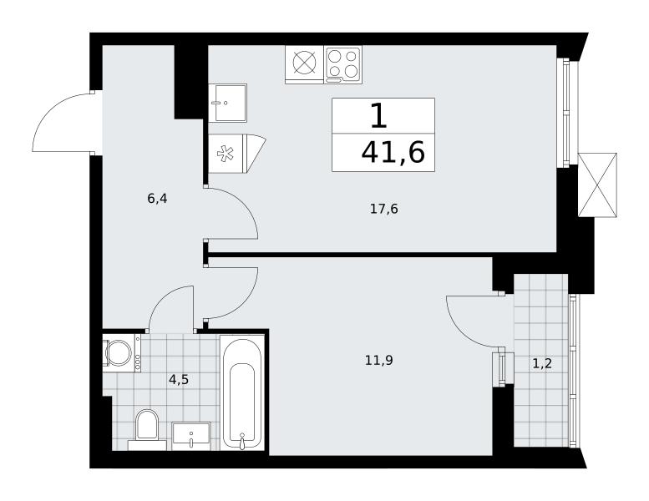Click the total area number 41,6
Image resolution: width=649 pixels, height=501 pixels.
click(393, 153)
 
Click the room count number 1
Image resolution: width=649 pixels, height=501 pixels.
click(378, 116)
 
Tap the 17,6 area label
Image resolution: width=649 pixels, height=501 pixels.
click(383, 210)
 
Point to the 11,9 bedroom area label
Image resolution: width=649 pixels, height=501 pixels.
click(378, 361)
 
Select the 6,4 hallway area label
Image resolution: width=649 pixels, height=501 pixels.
click(157, 199)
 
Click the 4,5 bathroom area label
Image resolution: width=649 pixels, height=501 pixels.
click(179, 379)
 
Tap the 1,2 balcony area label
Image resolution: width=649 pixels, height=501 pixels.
click(542, 364)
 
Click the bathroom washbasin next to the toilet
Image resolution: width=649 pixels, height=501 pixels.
click(191, 436)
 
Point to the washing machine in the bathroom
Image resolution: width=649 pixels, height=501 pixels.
click(122, 353)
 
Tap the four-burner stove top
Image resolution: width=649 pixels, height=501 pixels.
click(342, 63)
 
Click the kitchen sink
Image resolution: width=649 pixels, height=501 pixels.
click(227, 103)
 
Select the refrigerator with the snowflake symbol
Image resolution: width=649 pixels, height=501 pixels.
click(236, 154)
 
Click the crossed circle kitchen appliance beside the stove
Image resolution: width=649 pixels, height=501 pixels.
click(304, 62)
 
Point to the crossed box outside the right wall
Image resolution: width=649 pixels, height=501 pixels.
click(597, 185)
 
